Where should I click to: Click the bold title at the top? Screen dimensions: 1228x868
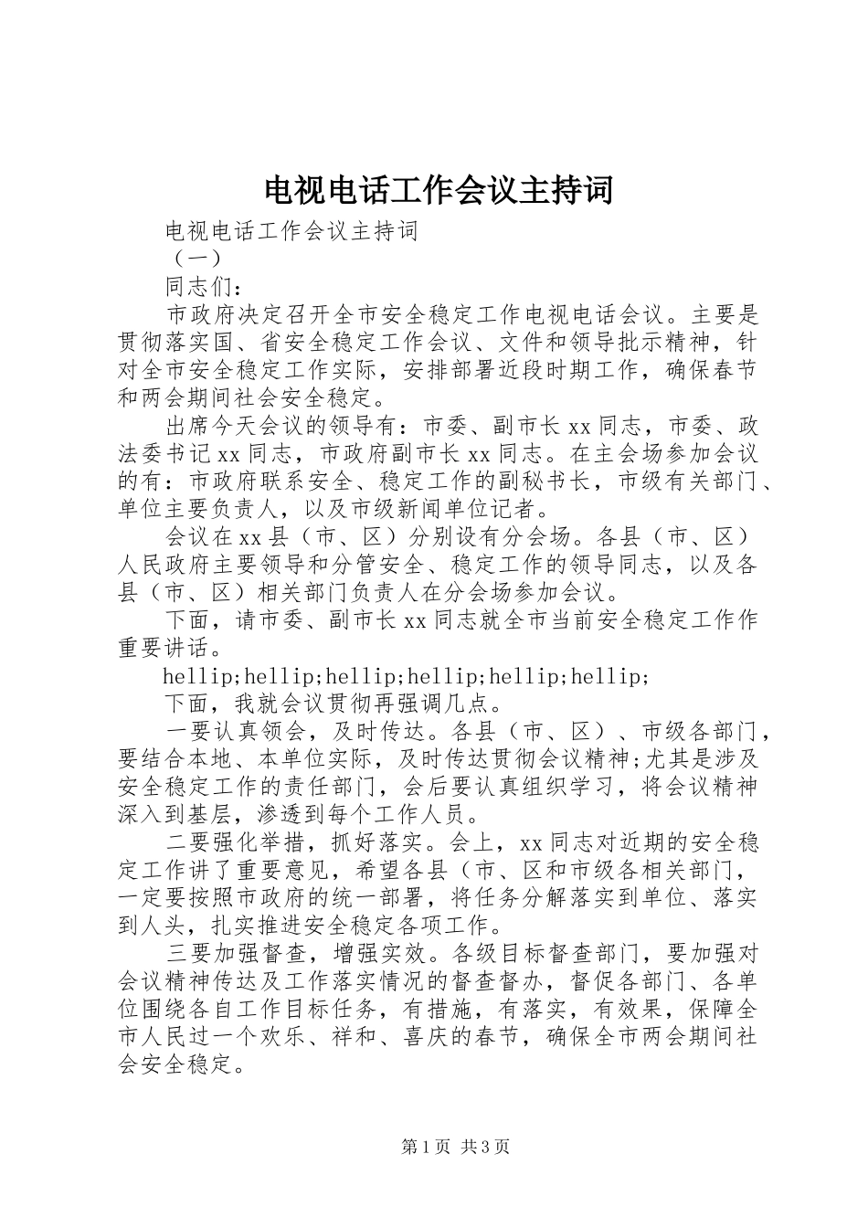(438, 189)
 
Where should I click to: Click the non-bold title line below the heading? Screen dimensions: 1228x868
(291, 231)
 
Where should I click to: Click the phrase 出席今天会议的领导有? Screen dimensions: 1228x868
(279, 426)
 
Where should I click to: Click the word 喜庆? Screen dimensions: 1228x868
(438, 1038)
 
